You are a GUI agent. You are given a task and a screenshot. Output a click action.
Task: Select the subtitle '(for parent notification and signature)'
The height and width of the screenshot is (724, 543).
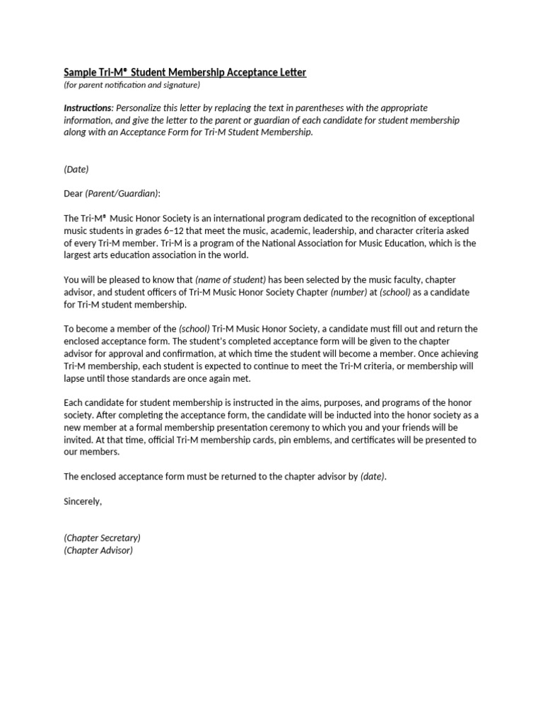[132, 85]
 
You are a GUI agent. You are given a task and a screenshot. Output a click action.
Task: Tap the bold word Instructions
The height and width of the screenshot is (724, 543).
[88, 108]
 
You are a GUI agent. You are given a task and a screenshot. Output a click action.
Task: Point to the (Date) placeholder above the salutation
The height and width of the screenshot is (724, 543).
[76, 170]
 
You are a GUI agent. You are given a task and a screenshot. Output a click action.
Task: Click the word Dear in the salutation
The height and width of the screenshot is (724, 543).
[74, 193]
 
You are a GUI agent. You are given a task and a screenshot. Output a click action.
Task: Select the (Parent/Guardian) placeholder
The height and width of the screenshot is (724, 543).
[123, 193]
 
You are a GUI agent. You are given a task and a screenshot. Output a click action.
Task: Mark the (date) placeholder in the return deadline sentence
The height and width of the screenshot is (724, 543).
[373, 477]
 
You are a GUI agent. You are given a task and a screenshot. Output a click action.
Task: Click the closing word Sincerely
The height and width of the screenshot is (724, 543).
[83, 501]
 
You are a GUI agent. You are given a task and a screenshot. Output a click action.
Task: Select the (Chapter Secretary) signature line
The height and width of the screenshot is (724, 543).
[103, 538]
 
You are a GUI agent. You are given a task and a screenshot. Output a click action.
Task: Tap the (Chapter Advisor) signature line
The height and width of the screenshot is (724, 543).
[98, 550]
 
